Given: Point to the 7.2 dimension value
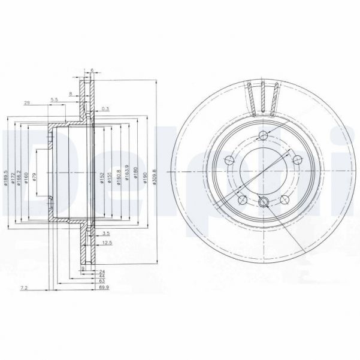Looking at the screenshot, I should click(x=25, y=289).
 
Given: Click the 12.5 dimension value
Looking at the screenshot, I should click(x=108, y=243).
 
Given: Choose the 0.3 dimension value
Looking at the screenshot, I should click(x=105, y=108).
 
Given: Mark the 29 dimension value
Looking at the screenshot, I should click(x=27, y=104).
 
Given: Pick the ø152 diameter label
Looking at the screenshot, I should click(x=103, y=177).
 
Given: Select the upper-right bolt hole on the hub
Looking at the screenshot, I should click(x=295, y=159).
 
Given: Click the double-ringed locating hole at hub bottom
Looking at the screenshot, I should click(x=264, y=202).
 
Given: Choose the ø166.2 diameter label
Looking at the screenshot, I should click(x=20, y=178).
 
